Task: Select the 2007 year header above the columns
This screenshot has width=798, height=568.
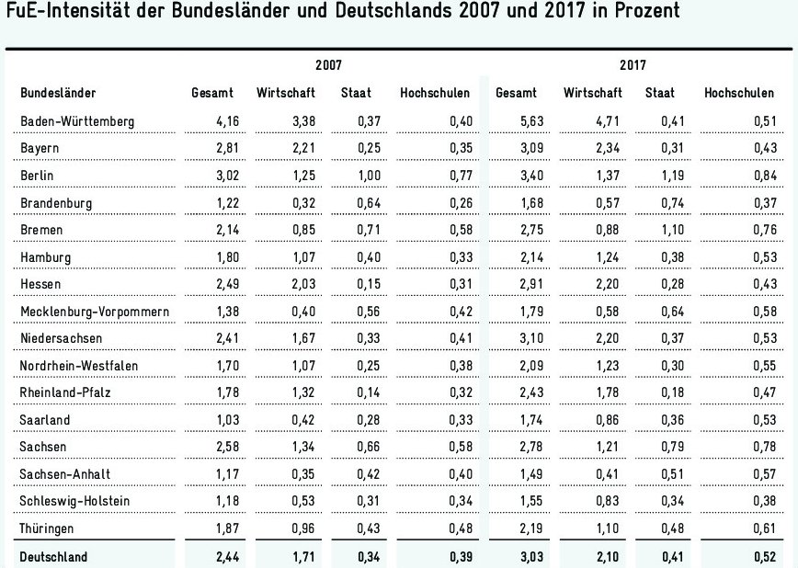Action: (329, 66)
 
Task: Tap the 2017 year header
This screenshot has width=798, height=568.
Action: (632, 66)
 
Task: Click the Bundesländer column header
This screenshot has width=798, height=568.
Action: (59, 93)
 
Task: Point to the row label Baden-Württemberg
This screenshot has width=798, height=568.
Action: (78, 121)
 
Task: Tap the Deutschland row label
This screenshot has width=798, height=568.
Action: (54, 556)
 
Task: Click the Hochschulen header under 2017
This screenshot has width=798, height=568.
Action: (736, 93)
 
